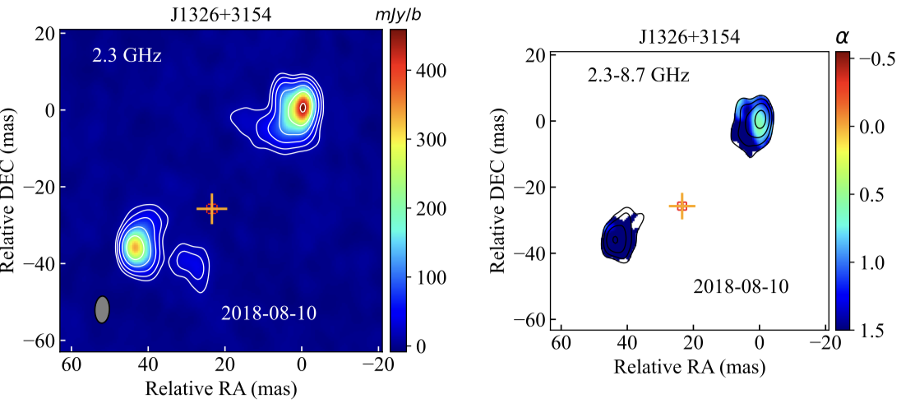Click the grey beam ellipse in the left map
tap(102, 309)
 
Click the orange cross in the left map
tap(212, 209)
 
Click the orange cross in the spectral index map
tap(682, 206)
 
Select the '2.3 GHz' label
tap(127, 57)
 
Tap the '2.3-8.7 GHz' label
tap(637, 76)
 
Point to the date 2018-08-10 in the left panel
tap(269, 313)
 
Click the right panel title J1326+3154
tap(690, 37)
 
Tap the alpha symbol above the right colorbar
tap(842, 36)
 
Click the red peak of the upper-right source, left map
tap(303, 107)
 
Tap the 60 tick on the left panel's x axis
tap(71, 365)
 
